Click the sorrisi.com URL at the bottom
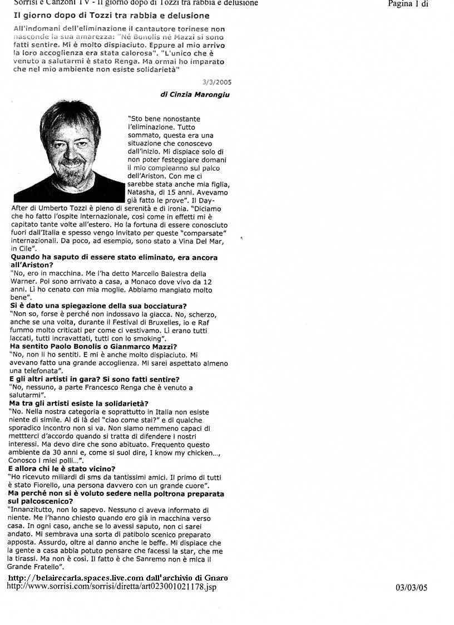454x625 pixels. pyautogui.click(x=111, y=587)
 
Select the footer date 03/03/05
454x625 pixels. pyautogui.click(x=411, y=587)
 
